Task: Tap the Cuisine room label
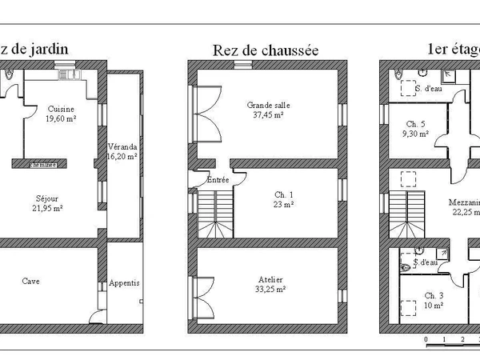(61, 110)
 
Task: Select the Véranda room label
(122, 147)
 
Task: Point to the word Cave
(31, 282)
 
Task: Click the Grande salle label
(268, 103)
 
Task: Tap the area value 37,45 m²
(268, 114)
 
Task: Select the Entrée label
(218, 180)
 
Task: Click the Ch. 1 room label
(284, 194)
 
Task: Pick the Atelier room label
(270, 279)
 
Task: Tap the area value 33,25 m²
(270, 290)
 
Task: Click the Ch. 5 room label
(415, 124)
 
